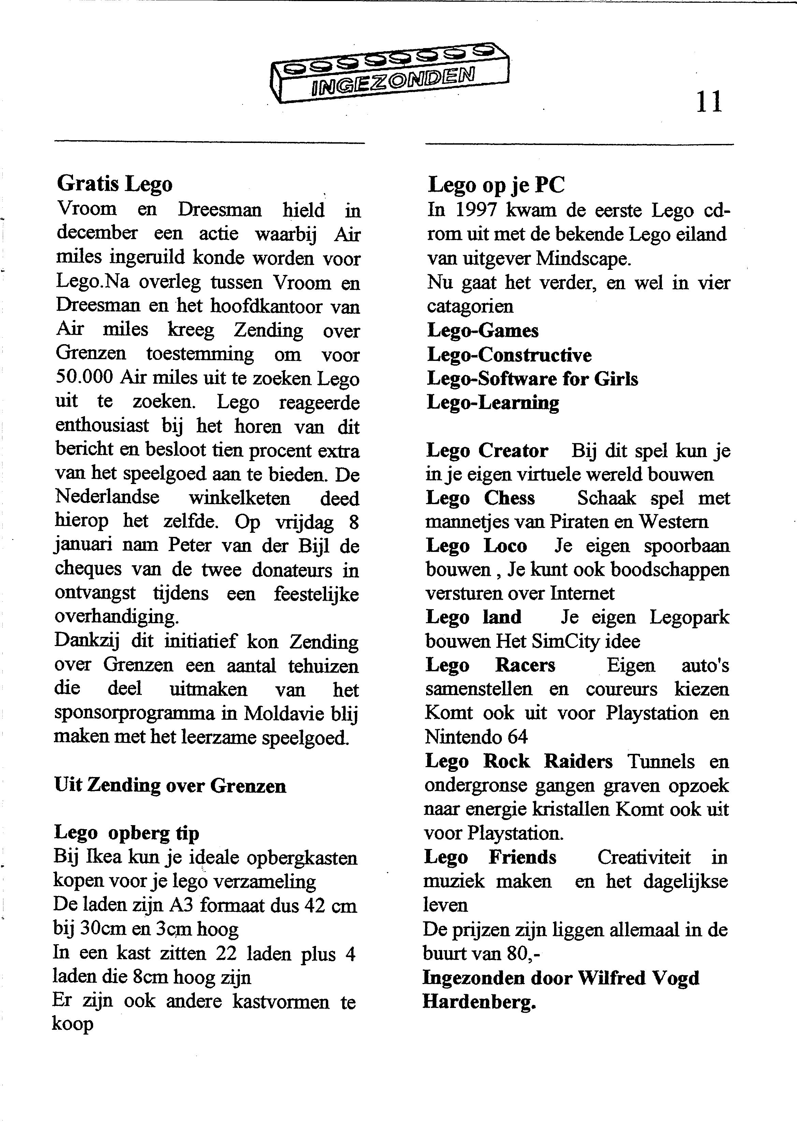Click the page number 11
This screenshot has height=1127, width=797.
(709, 102)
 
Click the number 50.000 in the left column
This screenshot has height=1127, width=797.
(85, 378)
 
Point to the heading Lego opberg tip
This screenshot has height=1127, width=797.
(126, 833)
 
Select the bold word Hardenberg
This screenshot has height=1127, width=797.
(479, 1002)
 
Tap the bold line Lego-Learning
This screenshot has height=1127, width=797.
(493, 403)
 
